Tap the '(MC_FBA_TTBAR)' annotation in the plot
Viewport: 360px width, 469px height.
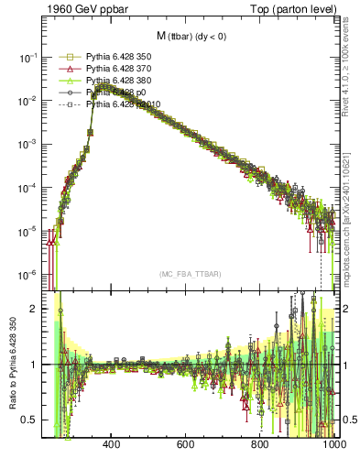tap(190, 274)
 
